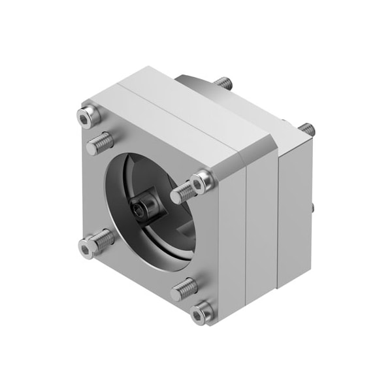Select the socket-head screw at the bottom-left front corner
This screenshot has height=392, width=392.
(88, 247)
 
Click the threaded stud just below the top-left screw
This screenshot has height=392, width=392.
(99, 142)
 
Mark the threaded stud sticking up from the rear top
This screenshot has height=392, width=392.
(223, 83)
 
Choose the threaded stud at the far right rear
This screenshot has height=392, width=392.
(306, 129)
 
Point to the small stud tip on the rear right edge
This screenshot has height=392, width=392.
(312, 208)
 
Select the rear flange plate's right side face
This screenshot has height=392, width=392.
(294, 209)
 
